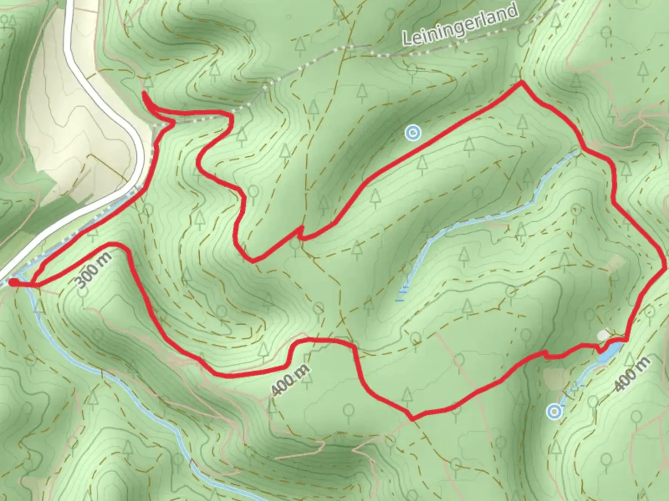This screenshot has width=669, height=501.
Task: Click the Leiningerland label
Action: point(460,26)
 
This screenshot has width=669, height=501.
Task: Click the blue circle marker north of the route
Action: point(413,133)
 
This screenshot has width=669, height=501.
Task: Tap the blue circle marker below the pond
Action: point(554,411)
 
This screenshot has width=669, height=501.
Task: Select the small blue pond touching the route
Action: point(609,351)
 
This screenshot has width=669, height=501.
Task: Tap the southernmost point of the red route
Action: point(413,419)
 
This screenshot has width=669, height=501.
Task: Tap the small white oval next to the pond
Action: point(603,334)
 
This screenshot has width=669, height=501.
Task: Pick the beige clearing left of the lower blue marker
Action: point(555,378)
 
